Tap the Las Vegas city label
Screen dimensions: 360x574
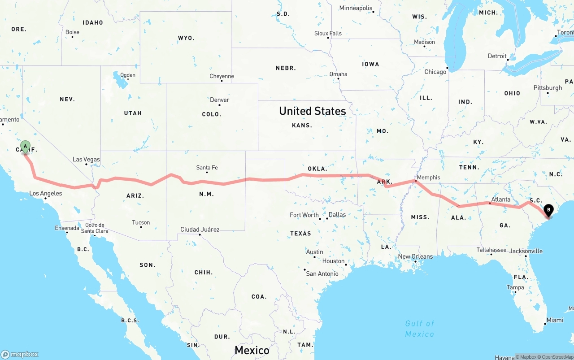[86, 160]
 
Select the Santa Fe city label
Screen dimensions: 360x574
[207, 168]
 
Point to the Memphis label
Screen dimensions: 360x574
[428, 178]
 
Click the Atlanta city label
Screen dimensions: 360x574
[500, 200]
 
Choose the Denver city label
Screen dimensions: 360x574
[219, 100]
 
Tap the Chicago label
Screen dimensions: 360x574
[435, 72]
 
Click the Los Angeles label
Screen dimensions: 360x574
[45, 194]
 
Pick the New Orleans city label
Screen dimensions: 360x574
[415, 256]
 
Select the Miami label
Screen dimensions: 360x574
[555, 320]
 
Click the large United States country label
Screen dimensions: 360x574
[312, 111]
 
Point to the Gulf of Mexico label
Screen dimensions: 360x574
[419, 329]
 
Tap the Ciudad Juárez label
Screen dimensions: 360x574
[200, 230]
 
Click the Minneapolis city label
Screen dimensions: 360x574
[356, 8]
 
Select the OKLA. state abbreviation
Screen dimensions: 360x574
[317, 169]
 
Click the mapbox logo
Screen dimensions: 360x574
[20, 354]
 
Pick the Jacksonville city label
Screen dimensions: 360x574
[526, 252]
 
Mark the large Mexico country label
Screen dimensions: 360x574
[252, 350]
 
